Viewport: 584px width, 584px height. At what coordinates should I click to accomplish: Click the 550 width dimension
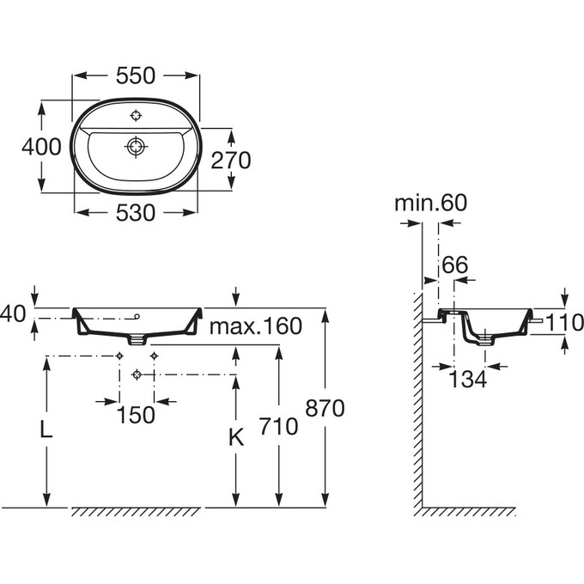click(x=136, y=76)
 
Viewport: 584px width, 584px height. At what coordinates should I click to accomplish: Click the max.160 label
click(x=257, y=326)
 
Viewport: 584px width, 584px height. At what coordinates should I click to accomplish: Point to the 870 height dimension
click(x=326, y=409)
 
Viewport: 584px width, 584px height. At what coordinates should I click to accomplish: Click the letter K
click(x=237, y=437)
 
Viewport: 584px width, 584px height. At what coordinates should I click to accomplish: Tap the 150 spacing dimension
click(x=136, y=414)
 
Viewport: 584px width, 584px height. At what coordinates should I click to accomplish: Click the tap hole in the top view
click(x=136, y=116)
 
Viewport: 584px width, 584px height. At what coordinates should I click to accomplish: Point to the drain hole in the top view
click(x=136, y=147)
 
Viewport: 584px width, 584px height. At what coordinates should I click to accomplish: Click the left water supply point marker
click(x=119, y=356)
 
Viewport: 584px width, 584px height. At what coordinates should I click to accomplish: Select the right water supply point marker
click(x=154, y=356)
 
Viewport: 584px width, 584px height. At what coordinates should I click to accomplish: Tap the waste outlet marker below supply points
click(x=137, y=374)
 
